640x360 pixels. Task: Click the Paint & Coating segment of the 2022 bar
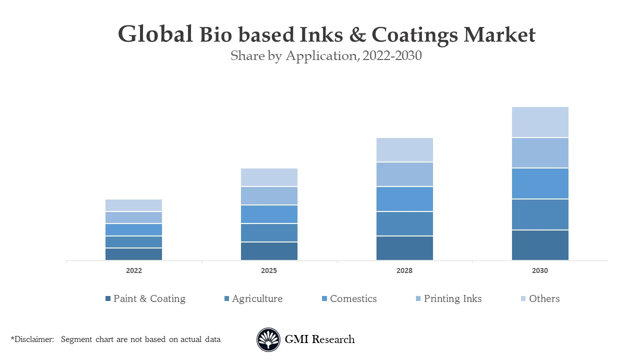pyautogui.click(x=133, y=254)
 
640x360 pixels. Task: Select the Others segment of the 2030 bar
pyautogui.click(x=540, y=122)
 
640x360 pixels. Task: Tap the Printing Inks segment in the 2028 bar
pyautogui.click(x=404, y=174)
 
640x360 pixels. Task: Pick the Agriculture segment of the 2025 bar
pyautogui.click(x=269, y=232)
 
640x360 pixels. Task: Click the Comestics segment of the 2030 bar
pyautogui.click(x=540, y=183)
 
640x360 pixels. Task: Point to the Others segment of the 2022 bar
pyautogui.click(x=133, y=205)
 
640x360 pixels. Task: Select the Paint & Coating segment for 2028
pyautogui.click(x=404, y=248)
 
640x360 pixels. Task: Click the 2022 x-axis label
pyautogui.click(x=133, y=270)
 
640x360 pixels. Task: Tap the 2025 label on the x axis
pyautogui.click(x=269, y=270)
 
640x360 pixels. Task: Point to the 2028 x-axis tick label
pyautogui.click(x=404, y=270)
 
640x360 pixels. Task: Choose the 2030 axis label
pyautogui.click(x=540, y=270)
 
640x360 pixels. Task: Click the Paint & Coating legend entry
pyautogui.click(x=149, y=298)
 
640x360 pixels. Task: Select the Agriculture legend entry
pyautogui.click(x=257, y=298)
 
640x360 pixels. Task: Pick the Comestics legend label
pyautogui.click(x=353, y=298)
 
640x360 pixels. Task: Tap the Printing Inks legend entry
pyautogui.click(x=452, y=298)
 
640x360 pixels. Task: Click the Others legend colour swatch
pyautogui.click(x=523, y=298)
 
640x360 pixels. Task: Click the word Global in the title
pyautogui.click(x=155, y=34)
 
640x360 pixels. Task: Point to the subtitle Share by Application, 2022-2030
pyautogui.click(x=326, y=56)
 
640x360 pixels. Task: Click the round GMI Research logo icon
pyautogui.click(x=268, y=339)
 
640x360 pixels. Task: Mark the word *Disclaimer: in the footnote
pyautogui.click(x=32, y=339)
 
